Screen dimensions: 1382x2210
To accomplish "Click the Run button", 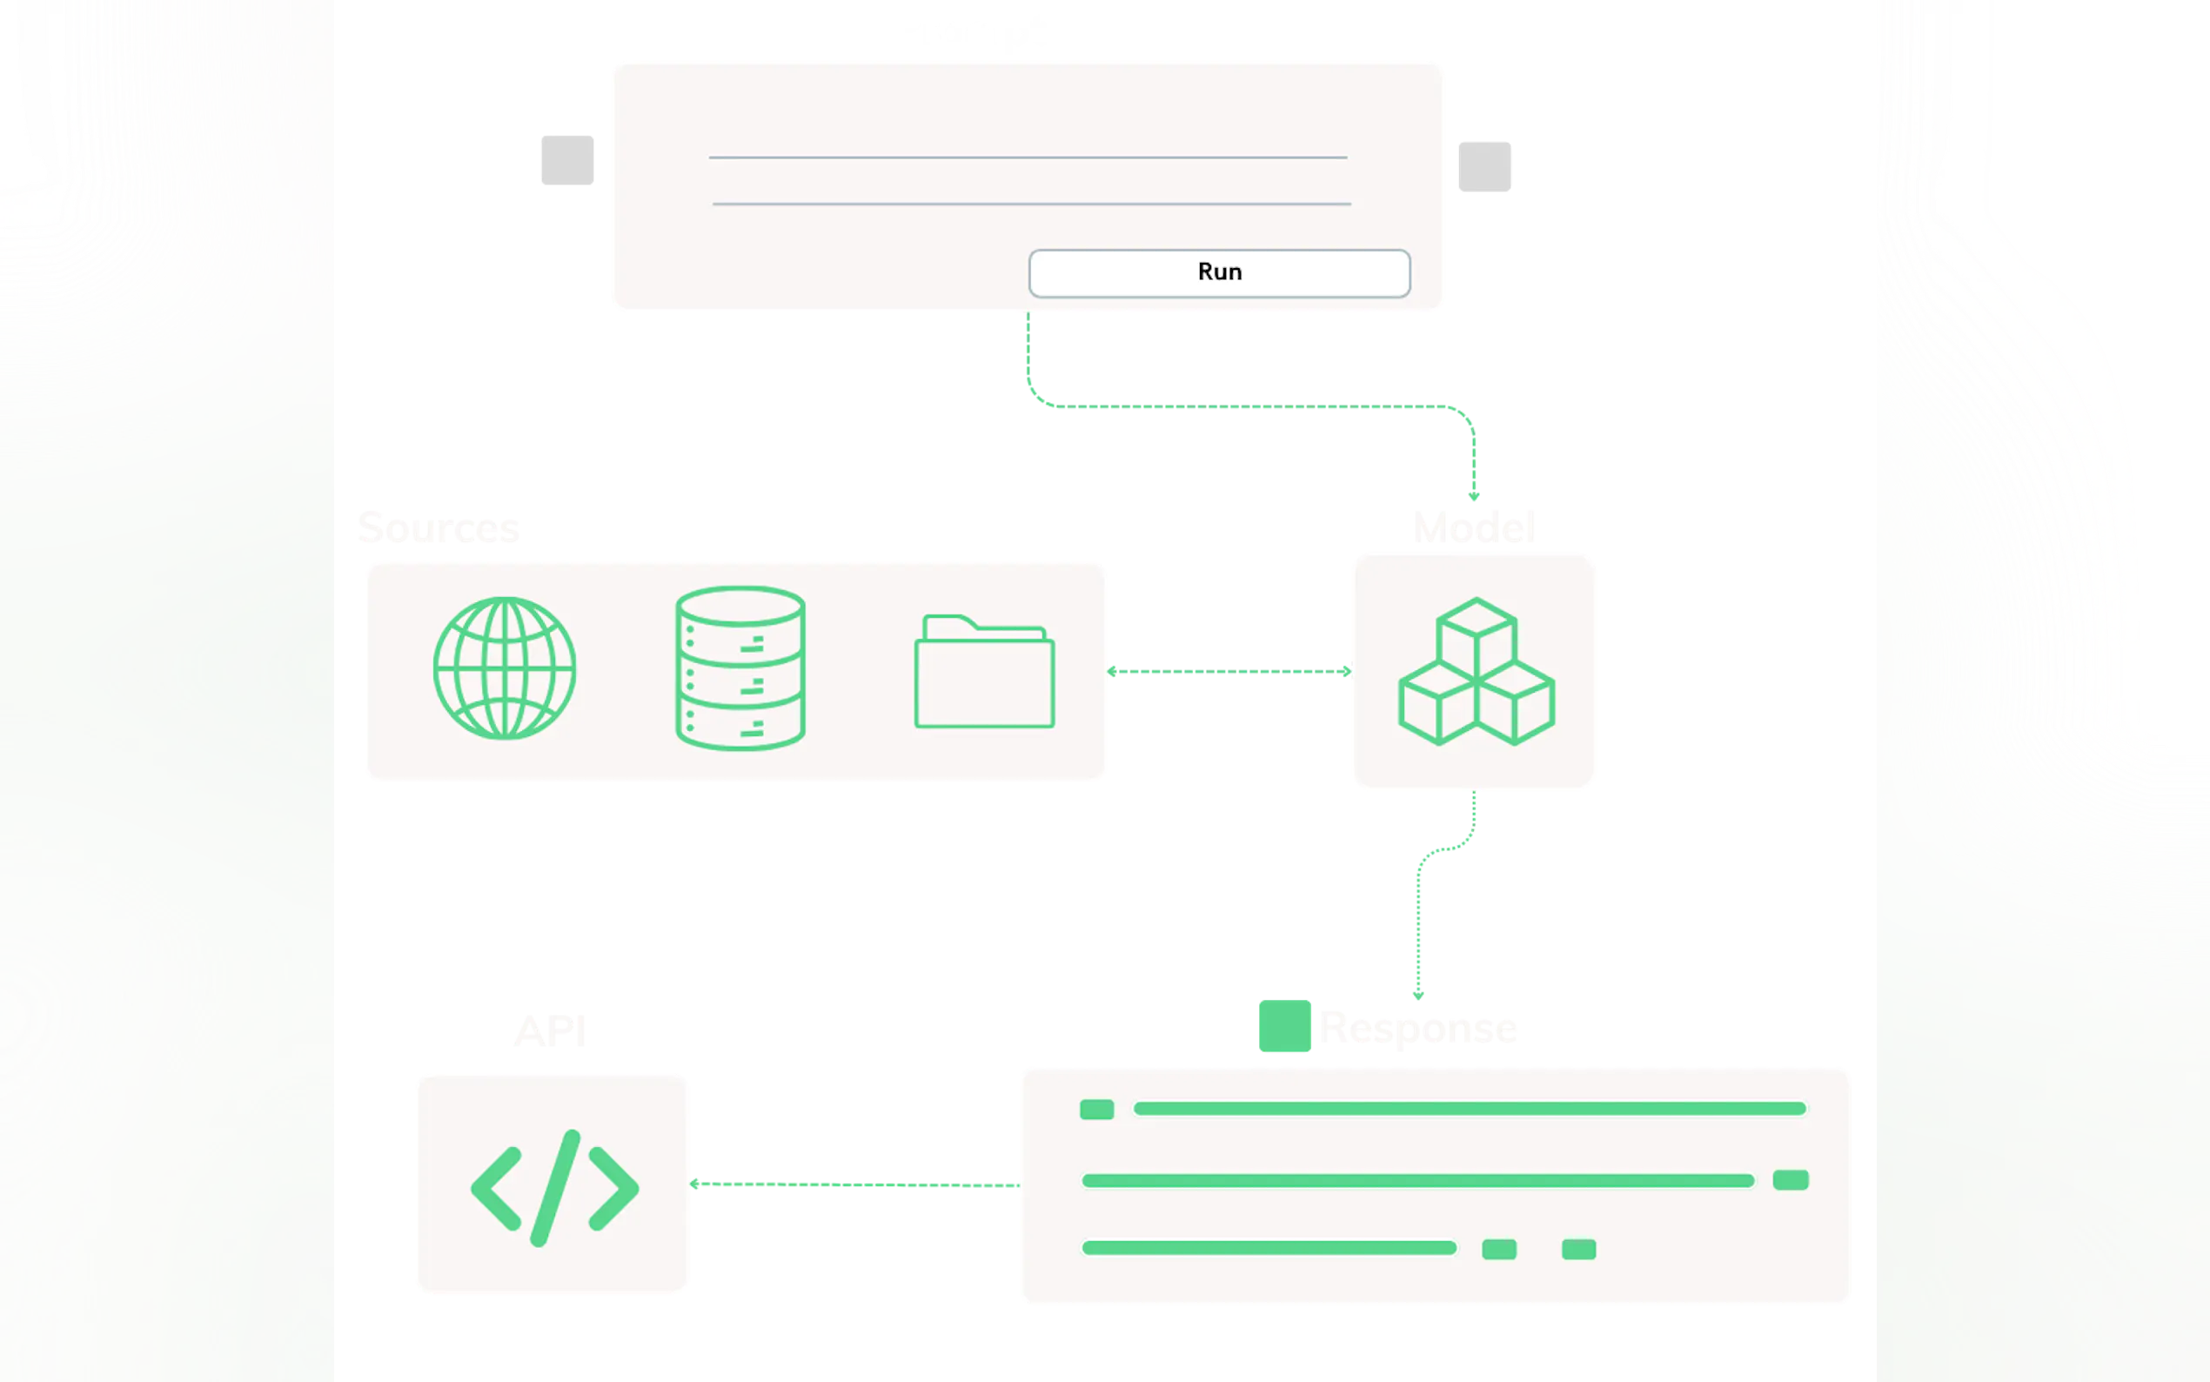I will [1219, 272].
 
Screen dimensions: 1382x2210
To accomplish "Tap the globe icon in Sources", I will [505, 668].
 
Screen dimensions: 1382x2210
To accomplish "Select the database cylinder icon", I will [740, 668].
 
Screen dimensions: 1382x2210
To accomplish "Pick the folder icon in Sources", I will [984, 672].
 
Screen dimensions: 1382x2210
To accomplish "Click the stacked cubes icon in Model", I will [1476, 672].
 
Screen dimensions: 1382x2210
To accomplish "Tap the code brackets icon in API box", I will [553, 1187].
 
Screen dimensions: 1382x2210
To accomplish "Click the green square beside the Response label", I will [1285, 1027].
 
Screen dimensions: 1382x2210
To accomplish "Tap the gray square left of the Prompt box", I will [567, 160].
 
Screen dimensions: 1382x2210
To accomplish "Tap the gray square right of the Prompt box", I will [1484, 167].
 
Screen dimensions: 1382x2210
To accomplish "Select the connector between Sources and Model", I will [1229, 672].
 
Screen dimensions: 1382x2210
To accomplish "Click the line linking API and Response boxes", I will [854, 1184].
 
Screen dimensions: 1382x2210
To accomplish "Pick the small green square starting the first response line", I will [1096, 1110].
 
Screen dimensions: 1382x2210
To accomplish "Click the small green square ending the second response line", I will [1790, 1180].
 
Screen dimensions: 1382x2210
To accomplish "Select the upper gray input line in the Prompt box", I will [1028, 158].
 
